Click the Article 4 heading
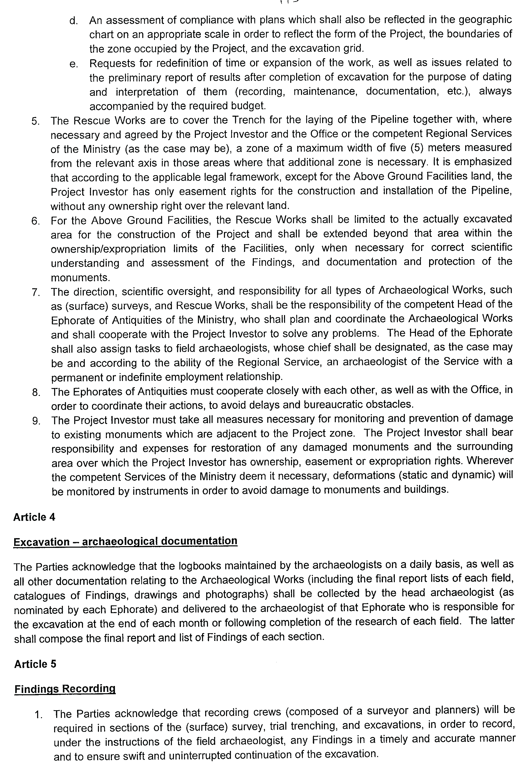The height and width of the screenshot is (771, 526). (x=34, y=517)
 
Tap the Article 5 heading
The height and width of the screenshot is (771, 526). (x=35, y=664)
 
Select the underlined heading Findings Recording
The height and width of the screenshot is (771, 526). (x=65, y=689)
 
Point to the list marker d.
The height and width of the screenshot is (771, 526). (x=73, y=21)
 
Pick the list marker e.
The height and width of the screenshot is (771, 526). (x=73, y=64)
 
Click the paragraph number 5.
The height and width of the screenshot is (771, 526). (x=36, y=121)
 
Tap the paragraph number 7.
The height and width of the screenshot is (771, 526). (x=36, y=292)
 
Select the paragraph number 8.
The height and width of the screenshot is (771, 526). (x=36, y=393)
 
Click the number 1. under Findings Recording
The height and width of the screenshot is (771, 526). (x=39, y=714)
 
